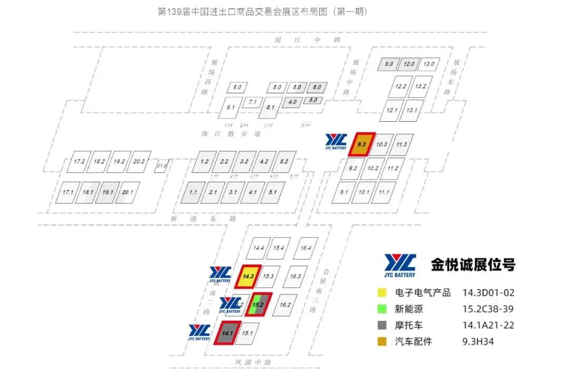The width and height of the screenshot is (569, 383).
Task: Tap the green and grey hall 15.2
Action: [x=258, y=305]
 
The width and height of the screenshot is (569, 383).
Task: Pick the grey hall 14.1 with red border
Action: [x=228, y=333]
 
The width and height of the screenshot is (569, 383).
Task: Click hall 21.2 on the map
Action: [x=161, y=166]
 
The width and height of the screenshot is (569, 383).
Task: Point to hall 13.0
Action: [x=428, y=64]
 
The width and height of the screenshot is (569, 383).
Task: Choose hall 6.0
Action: [x=237, y=87]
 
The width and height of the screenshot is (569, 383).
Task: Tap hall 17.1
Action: [x=68, y=192]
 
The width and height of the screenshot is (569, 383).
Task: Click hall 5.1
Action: [x=272, y=192]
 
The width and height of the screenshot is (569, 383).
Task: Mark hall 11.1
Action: [x=384, y=192]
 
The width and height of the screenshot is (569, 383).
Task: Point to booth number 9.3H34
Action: [x=479, y=341]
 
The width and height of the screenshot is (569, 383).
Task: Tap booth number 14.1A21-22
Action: [x=488, y=325]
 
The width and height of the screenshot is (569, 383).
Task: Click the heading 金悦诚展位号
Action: [x=473, y=264]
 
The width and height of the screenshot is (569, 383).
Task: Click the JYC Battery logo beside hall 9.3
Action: [x=336, y=142]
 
